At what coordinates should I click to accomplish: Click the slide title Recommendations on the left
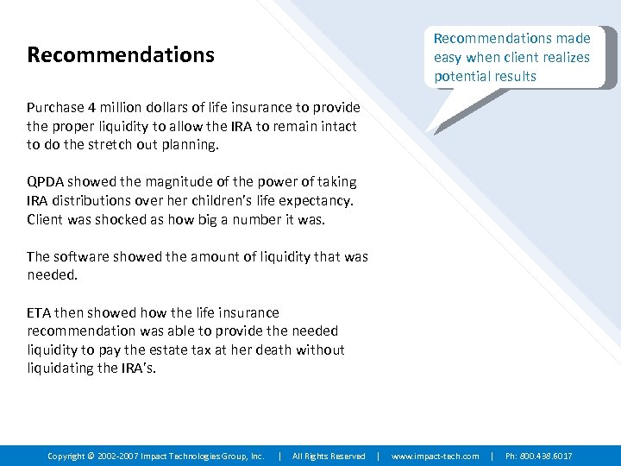coord(121,55)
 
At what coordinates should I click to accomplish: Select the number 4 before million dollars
coord(92,108)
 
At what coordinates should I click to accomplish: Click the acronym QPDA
coord(46,182)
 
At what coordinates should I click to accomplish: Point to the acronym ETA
coord(39,312)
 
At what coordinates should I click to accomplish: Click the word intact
coord(337,127)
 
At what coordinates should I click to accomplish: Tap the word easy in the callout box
coord(448,57)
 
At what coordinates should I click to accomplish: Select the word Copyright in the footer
coord(66,456)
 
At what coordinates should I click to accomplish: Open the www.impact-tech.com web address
coord(436,456)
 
